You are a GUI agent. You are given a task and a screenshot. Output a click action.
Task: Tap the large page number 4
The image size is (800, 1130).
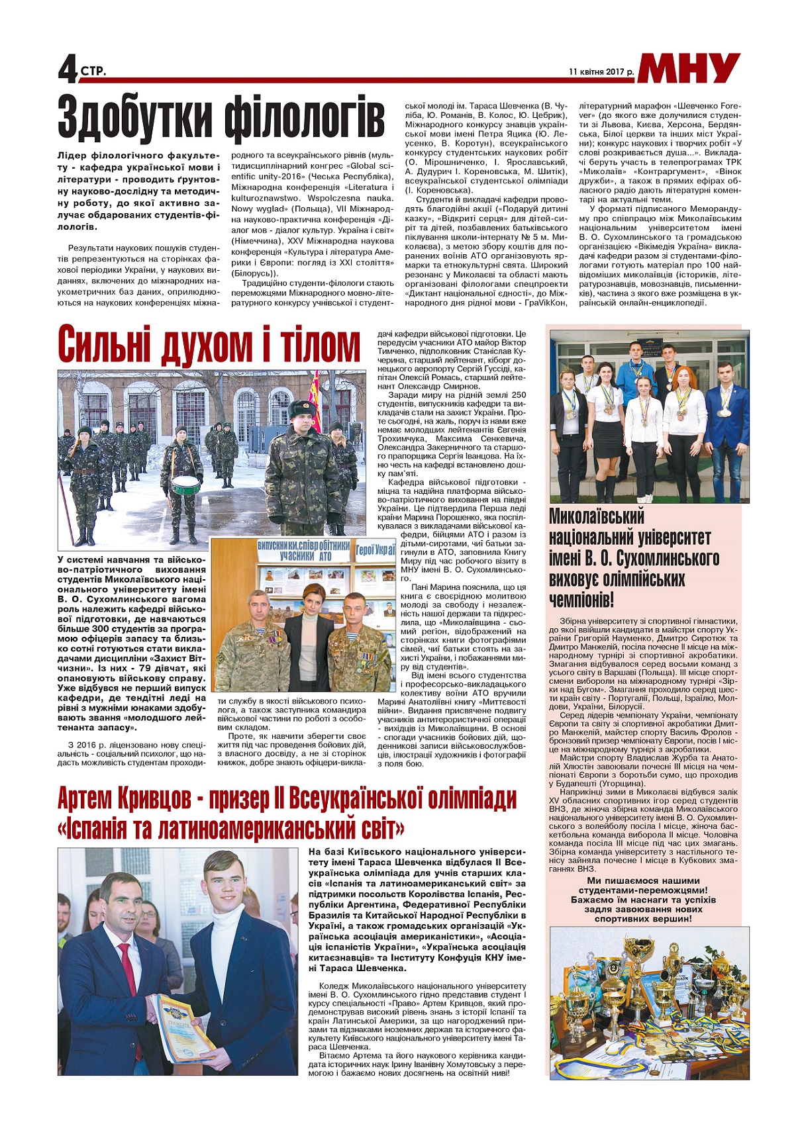[68, 69]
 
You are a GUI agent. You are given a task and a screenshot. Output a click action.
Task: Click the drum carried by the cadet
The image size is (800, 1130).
[185, 485]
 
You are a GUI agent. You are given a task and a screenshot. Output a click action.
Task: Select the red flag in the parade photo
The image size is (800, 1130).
[316, 404]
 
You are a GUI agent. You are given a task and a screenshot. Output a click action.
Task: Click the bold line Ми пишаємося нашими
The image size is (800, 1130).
[643, 880]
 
